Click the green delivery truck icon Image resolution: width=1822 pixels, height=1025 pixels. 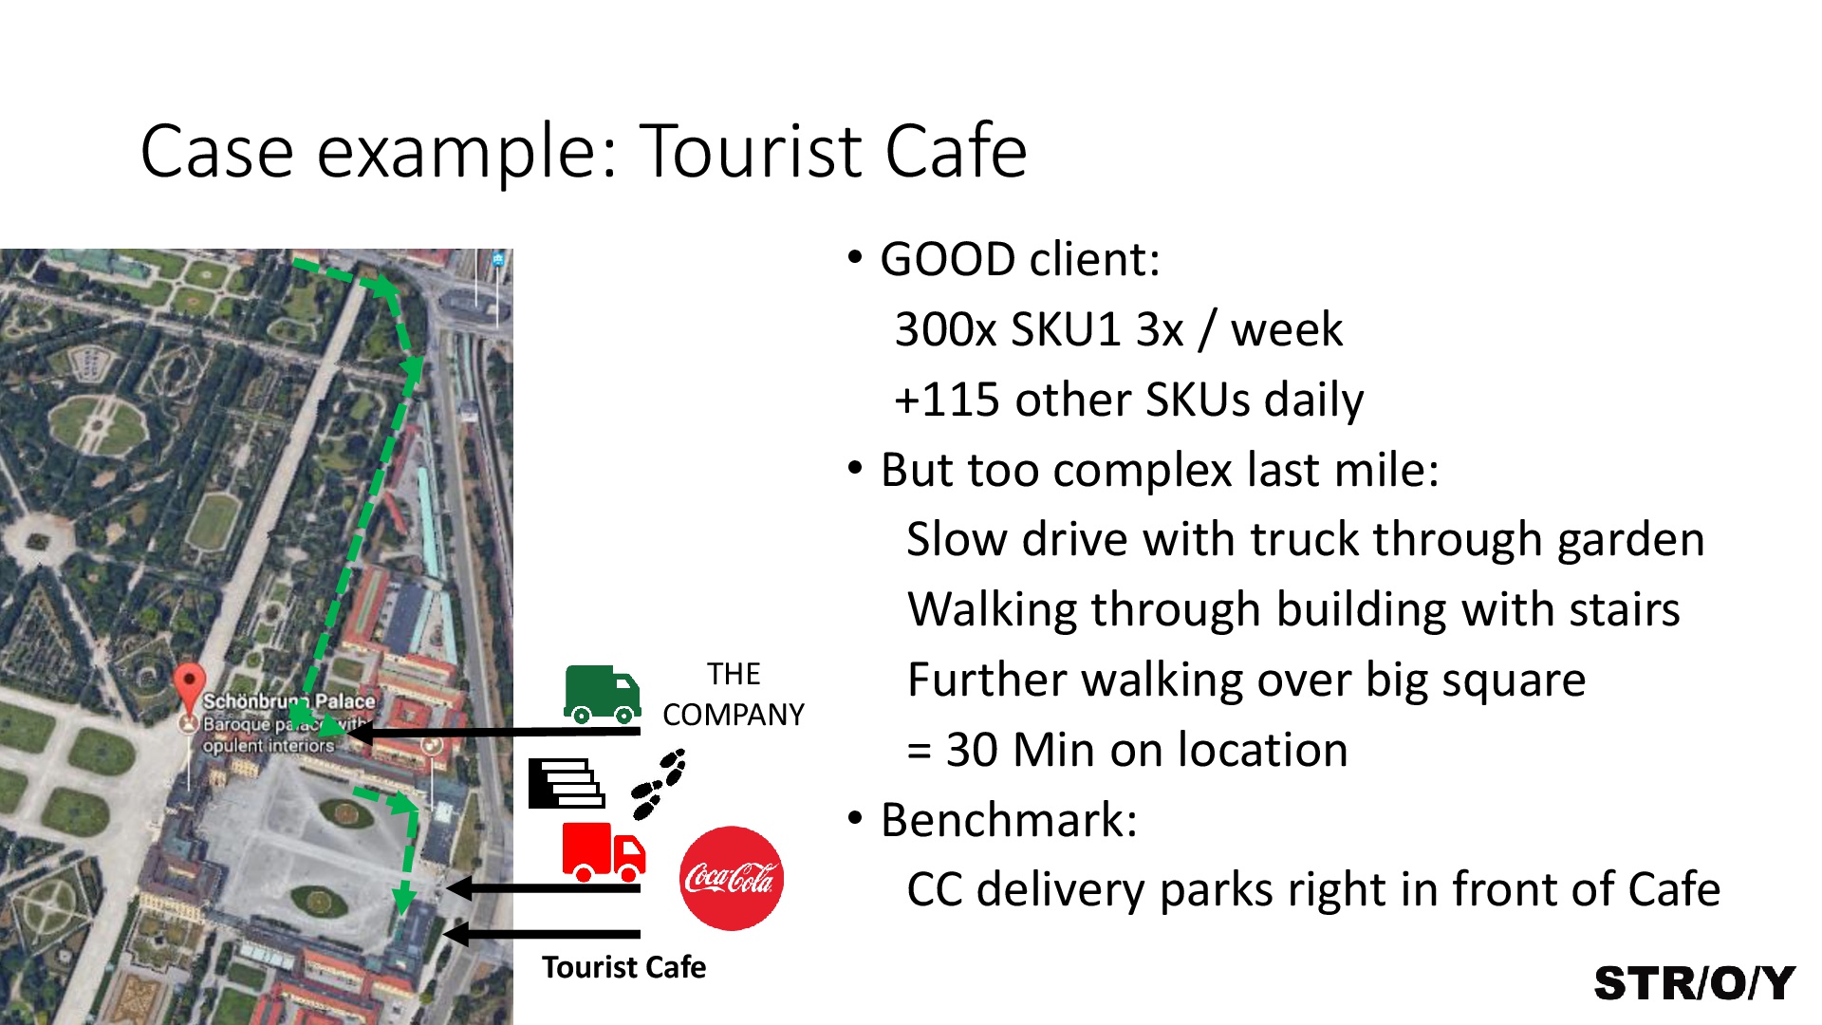[602, 694]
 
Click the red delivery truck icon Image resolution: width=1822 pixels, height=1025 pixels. [604, 852]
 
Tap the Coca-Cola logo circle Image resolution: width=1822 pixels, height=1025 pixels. [731, 878]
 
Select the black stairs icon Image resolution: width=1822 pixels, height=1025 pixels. [567, 784]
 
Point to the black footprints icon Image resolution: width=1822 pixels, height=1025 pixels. [659, 784]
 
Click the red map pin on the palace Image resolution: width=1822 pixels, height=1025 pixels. [190, 686]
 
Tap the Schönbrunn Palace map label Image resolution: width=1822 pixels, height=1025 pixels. [288, 701]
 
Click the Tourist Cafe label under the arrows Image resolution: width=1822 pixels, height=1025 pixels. [623, 967]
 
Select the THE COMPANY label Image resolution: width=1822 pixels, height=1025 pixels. [734, 694]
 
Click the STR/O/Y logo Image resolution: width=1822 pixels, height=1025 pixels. [1695, 983]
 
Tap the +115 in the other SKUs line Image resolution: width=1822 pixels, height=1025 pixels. [947, 400]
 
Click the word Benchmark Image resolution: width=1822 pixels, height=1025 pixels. [1009, 820]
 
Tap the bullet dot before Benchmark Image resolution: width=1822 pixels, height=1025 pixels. [856, 818]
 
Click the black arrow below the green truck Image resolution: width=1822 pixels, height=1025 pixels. [493, 732]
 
